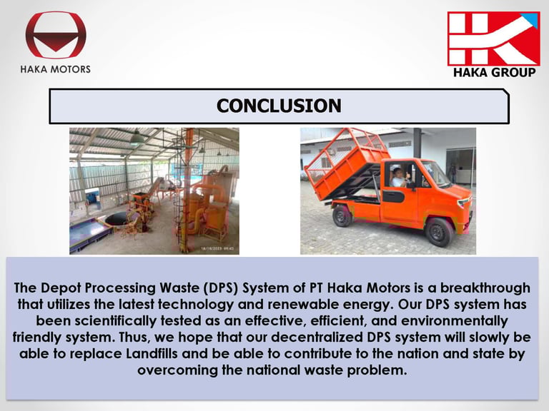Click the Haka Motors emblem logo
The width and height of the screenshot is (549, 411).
(x=56, y=34)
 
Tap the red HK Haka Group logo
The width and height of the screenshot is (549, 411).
(x=494, y=39)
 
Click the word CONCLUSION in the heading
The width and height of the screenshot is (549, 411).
(x=279, y=106)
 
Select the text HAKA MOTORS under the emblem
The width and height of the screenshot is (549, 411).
(x=55, y=69)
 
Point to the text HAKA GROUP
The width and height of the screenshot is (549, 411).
(x=495, y=72)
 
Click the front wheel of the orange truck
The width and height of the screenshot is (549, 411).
(x=439, y=232)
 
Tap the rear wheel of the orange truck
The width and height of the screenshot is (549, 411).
(x=342, y=216)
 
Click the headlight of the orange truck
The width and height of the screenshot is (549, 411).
(x=464, y=202)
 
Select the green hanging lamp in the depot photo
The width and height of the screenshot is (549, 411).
(x=137, y=138)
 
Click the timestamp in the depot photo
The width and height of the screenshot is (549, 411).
(x=217, y=249)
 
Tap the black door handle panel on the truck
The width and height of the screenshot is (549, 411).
(x=393, y=196)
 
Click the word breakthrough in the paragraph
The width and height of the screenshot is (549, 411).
(x=485, y=288)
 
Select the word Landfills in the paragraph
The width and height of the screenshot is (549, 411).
(x=152, y=353)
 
